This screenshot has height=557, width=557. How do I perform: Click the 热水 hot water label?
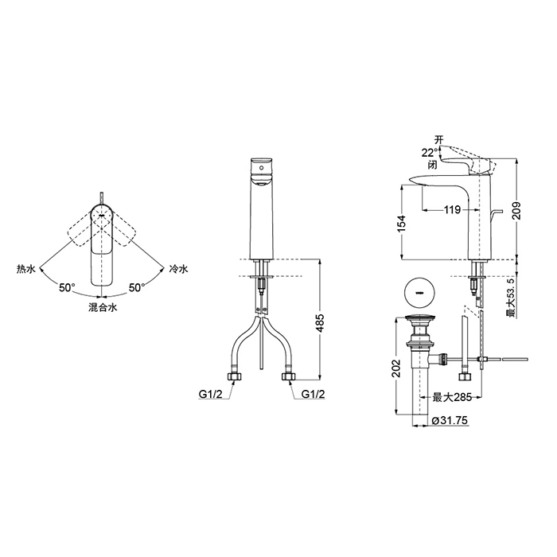[26, 270]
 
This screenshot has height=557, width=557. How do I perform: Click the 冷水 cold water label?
[178, 270]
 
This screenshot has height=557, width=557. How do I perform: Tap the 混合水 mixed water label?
[103, 307]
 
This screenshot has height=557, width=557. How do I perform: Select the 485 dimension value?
[321, 323]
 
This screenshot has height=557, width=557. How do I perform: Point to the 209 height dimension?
[517, 211]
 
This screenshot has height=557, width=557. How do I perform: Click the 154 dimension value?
[401, 224]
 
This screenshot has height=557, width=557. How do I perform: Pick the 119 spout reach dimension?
[452, 210]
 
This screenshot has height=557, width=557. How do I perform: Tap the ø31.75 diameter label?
[450, 421]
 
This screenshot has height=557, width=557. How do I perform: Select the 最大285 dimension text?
[452, 397]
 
